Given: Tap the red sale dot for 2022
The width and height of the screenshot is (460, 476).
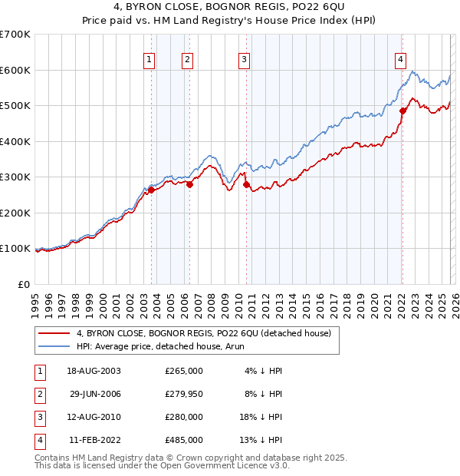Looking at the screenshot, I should (402, 111).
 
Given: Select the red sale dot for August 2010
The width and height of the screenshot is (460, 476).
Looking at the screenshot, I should (246, 184).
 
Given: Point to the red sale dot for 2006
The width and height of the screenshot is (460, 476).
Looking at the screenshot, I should (190, 184).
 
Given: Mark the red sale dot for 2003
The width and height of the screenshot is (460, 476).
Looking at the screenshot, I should (151, 190).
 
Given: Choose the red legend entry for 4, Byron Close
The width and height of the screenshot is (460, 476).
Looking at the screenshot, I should (203, 333).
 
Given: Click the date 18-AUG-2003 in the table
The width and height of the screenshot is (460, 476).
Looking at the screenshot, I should (94, 371).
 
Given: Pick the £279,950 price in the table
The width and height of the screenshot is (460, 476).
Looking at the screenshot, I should (184, 394).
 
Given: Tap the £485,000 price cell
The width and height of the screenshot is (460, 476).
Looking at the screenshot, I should (184, 440).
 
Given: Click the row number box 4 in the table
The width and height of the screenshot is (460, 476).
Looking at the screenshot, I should (38, 440).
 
